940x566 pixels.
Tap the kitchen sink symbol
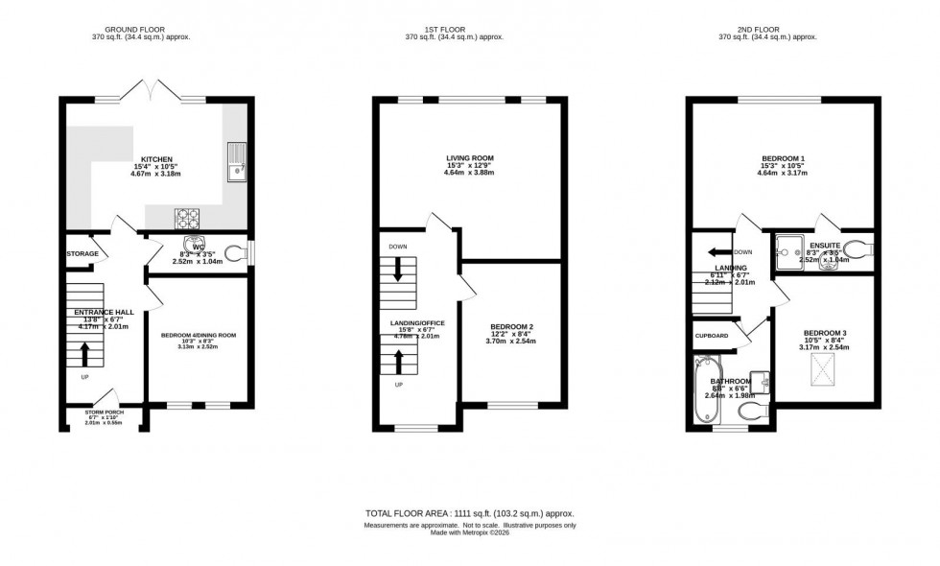point(235,159)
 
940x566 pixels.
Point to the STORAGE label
point(82,253)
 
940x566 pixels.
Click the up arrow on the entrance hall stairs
point(84,354)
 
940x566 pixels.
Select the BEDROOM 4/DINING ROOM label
point(199,335)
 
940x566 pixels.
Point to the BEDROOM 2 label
point(510,327)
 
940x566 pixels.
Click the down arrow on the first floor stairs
point(397,271)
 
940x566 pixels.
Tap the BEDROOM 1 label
point(783,157)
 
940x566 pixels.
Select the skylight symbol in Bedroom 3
point(821,366)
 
